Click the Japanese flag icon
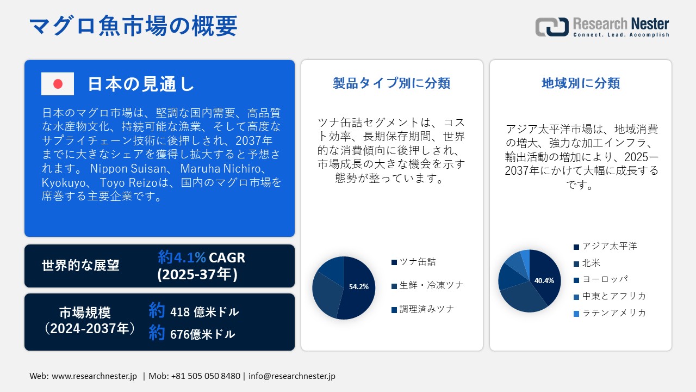pos(58,84)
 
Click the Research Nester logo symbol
pos(551,27)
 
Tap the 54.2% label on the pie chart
pos(358,286)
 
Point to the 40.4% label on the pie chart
pos(544,281)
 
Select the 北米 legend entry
pos(591,263)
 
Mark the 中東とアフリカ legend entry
pos(614,296)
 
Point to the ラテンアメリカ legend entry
pos(614,313)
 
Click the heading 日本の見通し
pos(141,84)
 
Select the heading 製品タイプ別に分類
pos(391,83)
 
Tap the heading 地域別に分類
pos(581,83)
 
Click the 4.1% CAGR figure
pos(201,258)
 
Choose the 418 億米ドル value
pos(204,312)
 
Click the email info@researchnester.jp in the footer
pos(291,376)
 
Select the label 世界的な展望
pos(80,266)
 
